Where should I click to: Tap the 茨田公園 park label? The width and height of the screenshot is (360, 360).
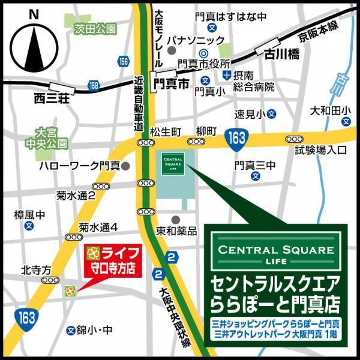91,28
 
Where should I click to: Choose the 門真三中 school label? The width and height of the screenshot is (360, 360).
254,164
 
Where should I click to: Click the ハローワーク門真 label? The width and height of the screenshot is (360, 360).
79,165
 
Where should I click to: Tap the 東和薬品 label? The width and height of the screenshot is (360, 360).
176,231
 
